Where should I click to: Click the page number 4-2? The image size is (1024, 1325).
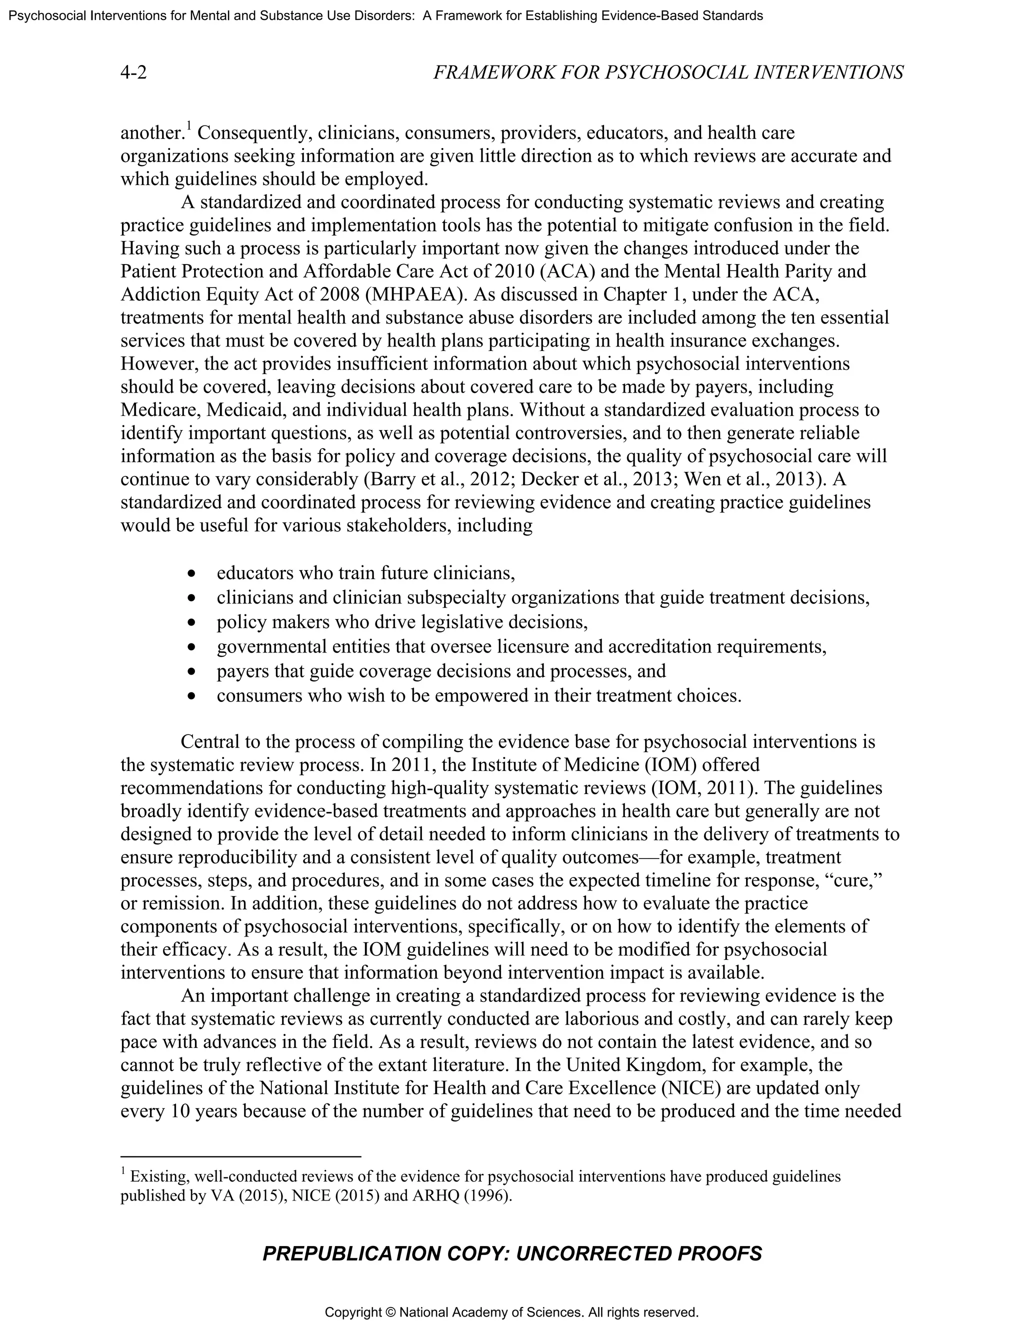[133, 73]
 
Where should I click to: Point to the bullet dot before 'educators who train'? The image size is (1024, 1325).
[192, 573]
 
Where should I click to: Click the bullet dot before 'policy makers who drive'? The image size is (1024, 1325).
[192, 622]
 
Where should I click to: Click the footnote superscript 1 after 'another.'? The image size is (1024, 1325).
[188, 126]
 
